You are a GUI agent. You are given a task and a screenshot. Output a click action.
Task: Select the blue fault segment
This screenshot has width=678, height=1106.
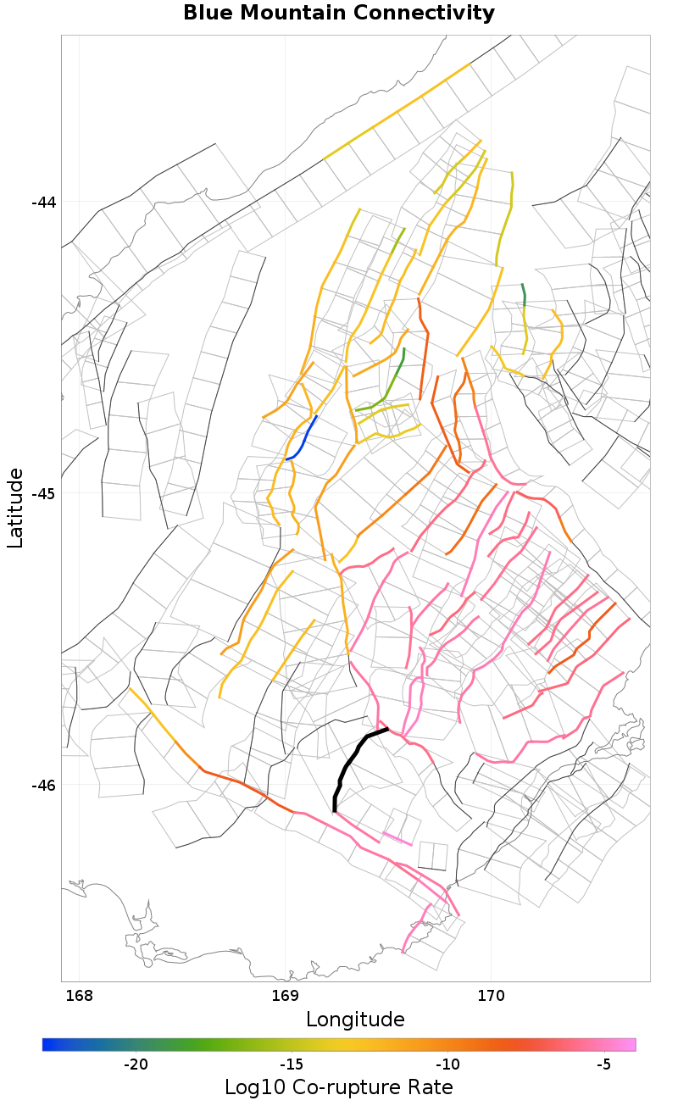pyautogui.click(x=303, y=437)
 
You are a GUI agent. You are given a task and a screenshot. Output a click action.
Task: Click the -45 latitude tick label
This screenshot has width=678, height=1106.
pyautogui.click(x=43, y=493)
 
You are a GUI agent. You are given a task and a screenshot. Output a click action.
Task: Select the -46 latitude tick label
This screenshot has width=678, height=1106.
pyautogui.click(x=43, y=785)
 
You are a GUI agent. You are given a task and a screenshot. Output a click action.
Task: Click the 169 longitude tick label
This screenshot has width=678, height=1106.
pyautogui.click(x=285, y=994)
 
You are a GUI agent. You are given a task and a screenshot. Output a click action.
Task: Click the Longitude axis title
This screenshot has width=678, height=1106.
pyautogui.click(x=355, y=1019)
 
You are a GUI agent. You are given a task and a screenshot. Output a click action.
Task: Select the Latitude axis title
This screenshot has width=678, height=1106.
pyautogui.click(x=16, y=509)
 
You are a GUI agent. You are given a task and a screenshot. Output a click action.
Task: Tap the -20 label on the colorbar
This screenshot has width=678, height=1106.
pyautogui.click(x=136, y=1064)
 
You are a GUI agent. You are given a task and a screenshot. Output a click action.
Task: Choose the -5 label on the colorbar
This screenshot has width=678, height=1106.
pyautogui.click(x=603, y=1064)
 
